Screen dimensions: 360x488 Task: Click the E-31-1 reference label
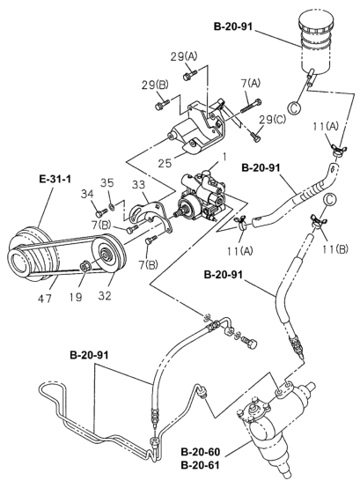[55, 179]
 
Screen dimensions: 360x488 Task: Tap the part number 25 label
[165, 163]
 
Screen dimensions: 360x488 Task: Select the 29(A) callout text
[184, 56]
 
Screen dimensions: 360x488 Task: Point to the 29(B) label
[156, 85]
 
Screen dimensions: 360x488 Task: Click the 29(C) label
[272, 120]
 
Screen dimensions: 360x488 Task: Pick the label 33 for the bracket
[138, 185]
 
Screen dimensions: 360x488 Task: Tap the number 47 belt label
[45, 299]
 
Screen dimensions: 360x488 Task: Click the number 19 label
[76, 297]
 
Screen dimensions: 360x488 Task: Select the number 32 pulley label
[104, 296]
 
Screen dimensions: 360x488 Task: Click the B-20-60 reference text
[200, 452]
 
